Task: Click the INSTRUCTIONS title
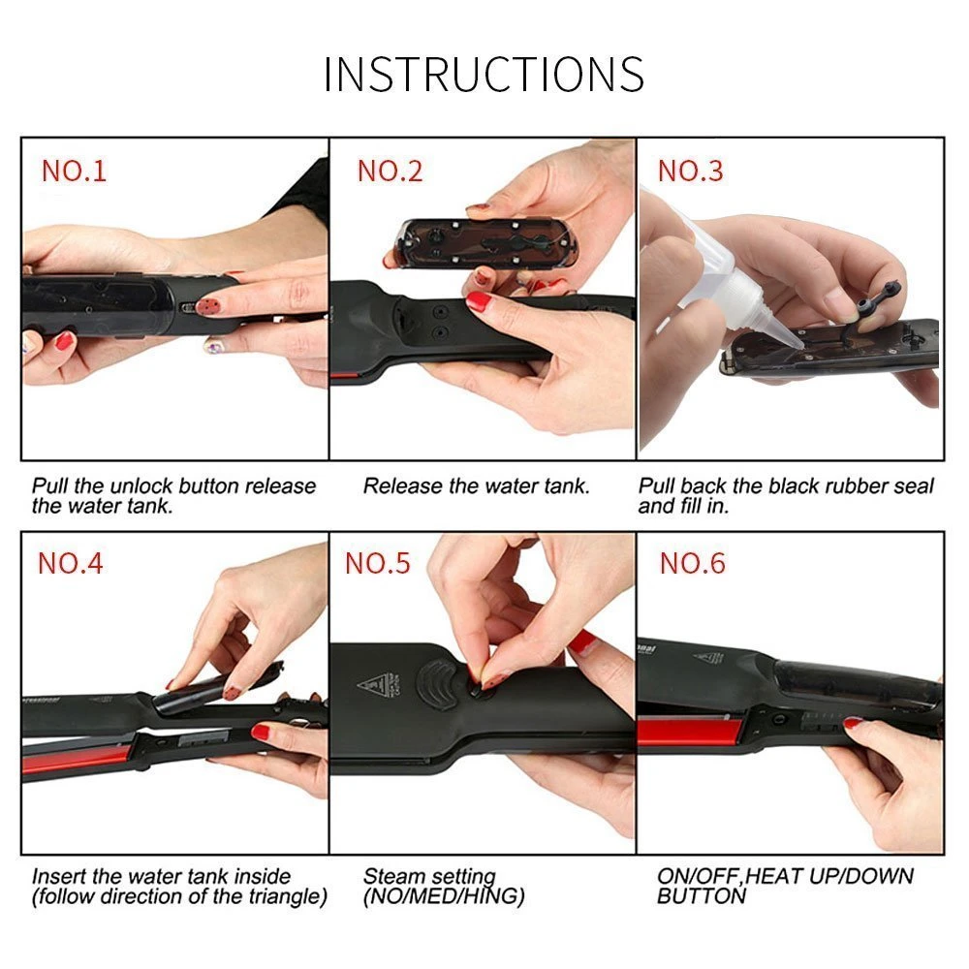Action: pyautogui.click(x=484, y=75)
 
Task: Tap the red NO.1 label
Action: pyautogui.click(x=74, y=172)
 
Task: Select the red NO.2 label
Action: pyautogui.click(x=390, y=172)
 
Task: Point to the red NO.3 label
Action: pyautogui.click(x=690, y=172)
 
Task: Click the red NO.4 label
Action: pyautogui.click(x=70, y=563)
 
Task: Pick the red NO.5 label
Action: pyautogui.click(x=378, y=563)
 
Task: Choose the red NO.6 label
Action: pyautogui.click(x=692, y=563)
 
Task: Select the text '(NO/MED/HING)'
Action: pyautogui.click(x=444, y=897)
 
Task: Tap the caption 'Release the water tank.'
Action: pyautogui.click(x=476, y=485)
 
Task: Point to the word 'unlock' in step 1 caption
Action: pyautogui.click(x=150, y=485)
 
